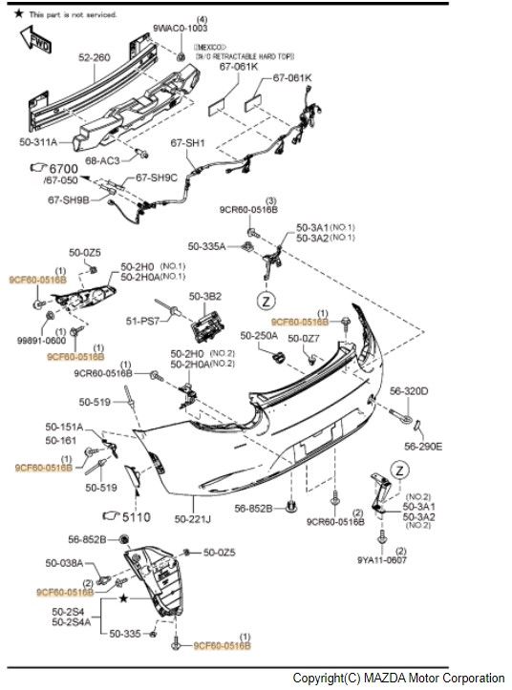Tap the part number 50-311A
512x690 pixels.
click(x=38, y=142)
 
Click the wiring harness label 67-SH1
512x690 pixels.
click(x=188, y=143)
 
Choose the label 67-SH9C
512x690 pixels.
click(x=157, y=178)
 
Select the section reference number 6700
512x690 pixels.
click(x=63, y=169)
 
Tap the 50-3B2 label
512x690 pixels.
click(x=204, y=297)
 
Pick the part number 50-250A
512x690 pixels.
click(x=259, y=336)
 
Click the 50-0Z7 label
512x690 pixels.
click(x=305, y=338)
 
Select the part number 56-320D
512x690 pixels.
click(x=409, y=391)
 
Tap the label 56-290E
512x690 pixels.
click(x=423, y=446)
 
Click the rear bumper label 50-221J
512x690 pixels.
click(x=194, y=519)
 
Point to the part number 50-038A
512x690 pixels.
click(x=66, y=565)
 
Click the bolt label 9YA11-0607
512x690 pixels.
click(x=382, y=561)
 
